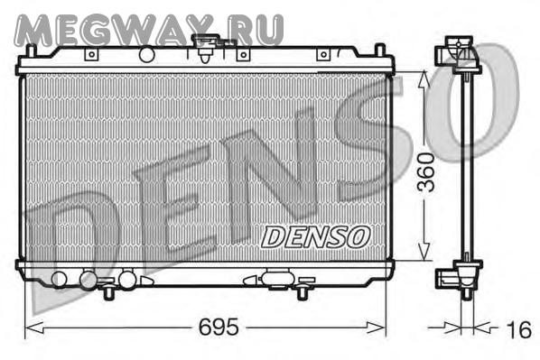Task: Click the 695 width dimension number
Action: pos(219,327)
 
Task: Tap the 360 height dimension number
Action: pos(426,172)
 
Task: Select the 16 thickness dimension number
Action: pos(519,329)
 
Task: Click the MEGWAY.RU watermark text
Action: pos(149,31)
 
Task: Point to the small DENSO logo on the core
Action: pos(315,237)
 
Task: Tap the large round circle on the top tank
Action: pos(146,54)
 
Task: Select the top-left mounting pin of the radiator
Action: pos(32,51)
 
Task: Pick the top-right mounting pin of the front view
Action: pos(380,50)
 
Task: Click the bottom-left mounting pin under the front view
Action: pos(109,291)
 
